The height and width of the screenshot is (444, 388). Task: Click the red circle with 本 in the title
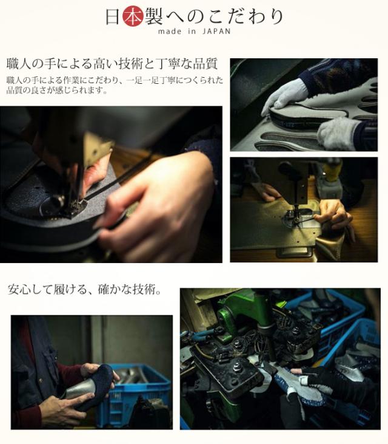point(133,16)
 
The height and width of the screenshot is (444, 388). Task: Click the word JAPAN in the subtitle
point(216,31)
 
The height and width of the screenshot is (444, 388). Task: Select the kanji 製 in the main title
point(154,16)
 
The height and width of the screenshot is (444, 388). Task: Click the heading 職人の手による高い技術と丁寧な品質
point(112,64)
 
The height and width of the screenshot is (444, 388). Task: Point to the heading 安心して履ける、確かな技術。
point(84,290)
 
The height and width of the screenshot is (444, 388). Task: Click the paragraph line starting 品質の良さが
point(57,91)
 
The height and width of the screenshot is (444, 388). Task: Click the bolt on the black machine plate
point(235,368)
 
